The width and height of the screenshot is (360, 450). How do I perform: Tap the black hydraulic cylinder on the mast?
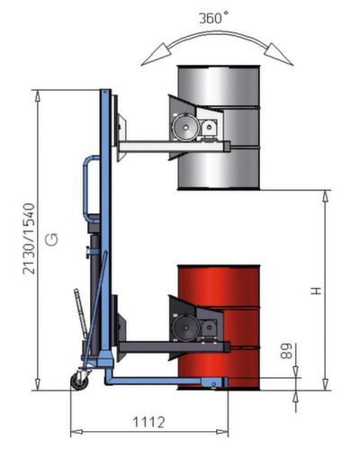[93, 247]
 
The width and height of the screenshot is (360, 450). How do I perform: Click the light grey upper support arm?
[157, 143]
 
